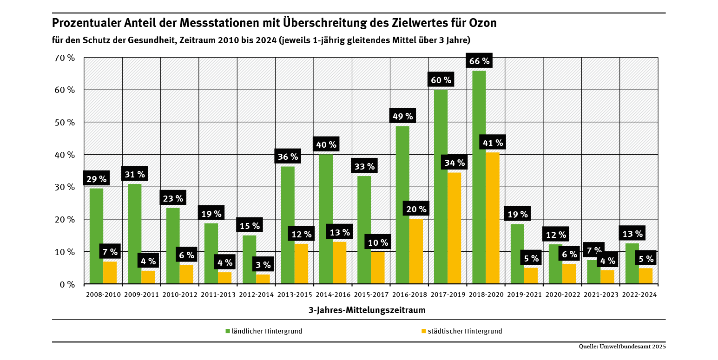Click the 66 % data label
[x=479, y=61]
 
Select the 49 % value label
[x=402, y=116]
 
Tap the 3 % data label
[x=263, y=265]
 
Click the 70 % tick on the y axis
[x=65, y=58]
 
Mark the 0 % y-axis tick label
[x=67, y=284]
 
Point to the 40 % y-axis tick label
[x=65, y=155]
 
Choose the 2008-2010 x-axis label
[x=103, y=295]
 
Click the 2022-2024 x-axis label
[x=639, y=295]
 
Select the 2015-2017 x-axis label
[x=371, y=295]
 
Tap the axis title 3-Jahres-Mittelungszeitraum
[x=367, y=309]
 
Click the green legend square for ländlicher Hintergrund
[x=228, y=331]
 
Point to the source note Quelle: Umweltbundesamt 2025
[x=622, y=347]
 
